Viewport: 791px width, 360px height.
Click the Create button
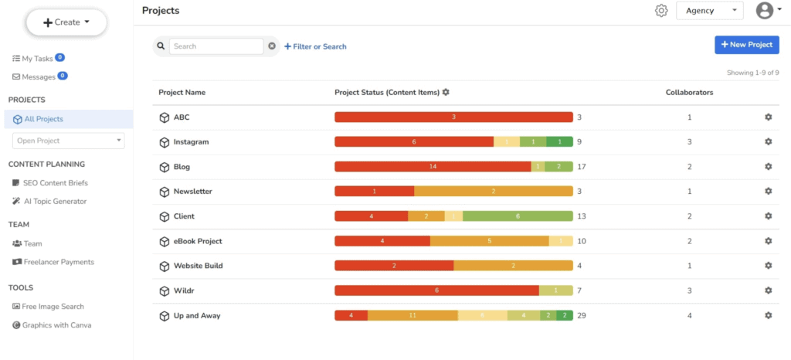point(66,22)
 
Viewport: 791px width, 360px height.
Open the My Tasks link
point(38,58)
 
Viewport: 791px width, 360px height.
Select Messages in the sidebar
point(38,76)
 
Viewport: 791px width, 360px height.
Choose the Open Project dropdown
point(68,141)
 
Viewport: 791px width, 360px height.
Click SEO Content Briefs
point(54,182)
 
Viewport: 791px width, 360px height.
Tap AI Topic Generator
point(54,201)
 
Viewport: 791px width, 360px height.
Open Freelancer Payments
point(58,262)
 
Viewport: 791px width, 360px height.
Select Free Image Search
point(53,307)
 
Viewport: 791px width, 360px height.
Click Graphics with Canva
point(56,325)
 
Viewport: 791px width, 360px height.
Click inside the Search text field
point(216,46)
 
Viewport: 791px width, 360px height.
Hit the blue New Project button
point(746,45)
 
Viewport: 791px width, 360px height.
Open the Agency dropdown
point(709,11)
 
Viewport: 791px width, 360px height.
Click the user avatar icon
point(765,11)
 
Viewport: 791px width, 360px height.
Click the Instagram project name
point(191,142)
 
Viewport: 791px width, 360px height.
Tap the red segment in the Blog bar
point(433,167)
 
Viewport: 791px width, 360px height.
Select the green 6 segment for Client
point(518,216)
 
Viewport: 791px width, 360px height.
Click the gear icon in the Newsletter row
point(768,192)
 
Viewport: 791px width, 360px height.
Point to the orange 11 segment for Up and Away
point(412,315)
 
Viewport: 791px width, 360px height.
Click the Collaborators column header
point(689,93)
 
